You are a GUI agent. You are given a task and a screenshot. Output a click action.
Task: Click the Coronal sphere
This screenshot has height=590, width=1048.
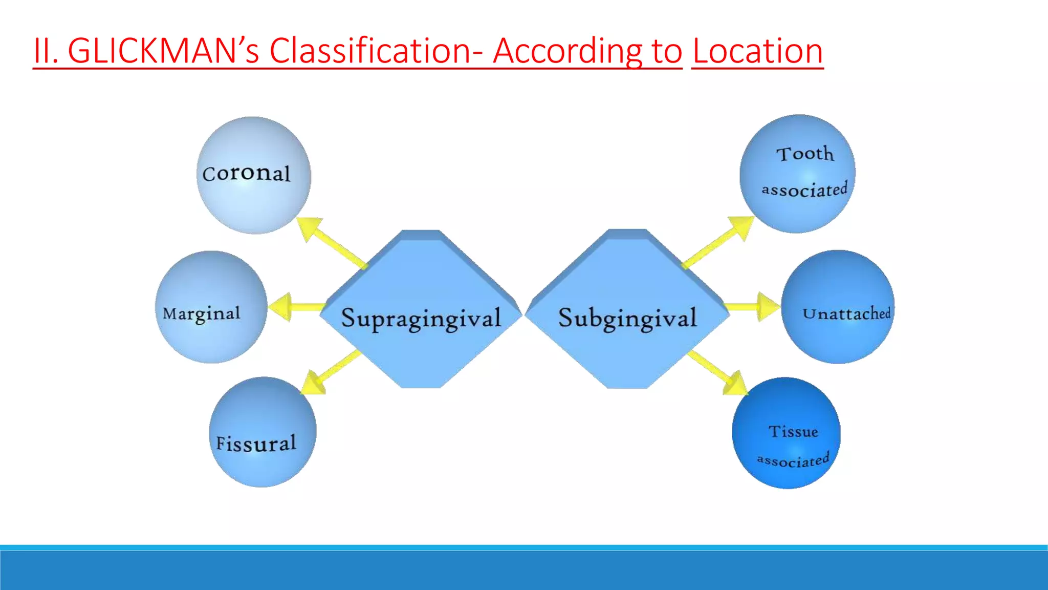(253, 175)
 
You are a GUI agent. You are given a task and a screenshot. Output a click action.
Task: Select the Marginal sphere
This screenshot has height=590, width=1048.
(211, 307)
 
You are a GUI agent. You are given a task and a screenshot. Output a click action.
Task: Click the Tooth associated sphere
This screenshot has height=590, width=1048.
(797, 174)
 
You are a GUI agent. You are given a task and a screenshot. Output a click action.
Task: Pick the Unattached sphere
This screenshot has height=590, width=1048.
(838, 307)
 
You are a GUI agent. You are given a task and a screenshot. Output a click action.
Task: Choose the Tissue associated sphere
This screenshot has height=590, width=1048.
(786, 433)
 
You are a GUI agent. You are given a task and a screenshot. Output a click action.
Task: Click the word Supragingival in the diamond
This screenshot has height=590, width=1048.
(421, 318)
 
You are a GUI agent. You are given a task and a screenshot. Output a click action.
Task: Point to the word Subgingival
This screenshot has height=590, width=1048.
(627, 318)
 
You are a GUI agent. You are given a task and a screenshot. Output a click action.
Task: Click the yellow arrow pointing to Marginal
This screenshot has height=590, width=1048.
(294, 307)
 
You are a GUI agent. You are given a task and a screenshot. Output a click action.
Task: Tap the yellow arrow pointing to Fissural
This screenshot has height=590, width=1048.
(330, 373)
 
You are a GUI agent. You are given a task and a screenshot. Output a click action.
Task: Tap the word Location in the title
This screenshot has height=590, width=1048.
(757, 51)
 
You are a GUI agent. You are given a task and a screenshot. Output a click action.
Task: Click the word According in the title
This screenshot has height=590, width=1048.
(567, 51)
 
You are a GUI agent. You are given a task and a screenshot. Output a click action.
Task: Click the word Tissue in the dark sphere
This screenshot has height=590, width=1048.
(793, 431)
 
